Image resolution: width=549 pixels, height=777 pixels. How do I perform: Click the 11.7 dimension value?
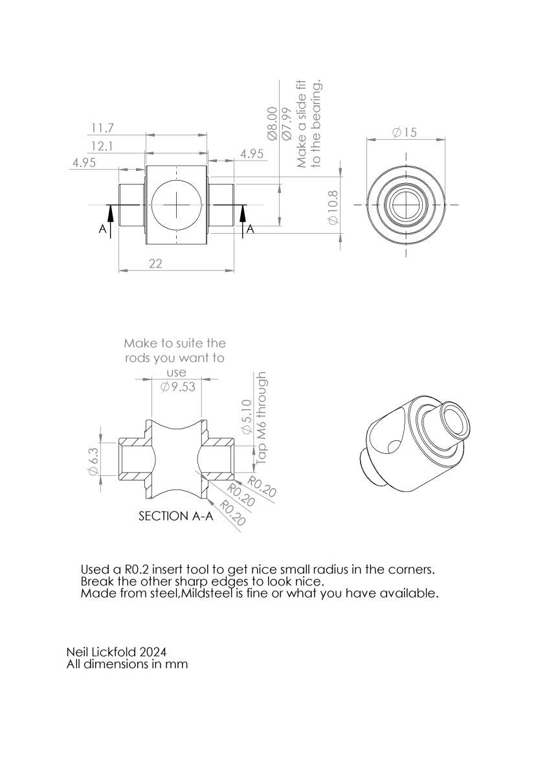pos(102,128)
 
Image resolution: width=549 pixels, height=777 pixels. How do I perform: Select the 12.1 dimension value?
pos(102,146)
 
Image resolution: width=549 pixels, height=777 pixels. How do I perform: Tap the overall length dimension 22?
pos(156,264)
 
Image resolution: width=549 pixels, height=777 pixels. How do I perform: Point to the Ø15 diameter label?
pos(405,132)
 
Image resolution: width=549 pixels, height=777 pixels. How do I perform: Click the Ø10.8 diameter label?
pos(333,207)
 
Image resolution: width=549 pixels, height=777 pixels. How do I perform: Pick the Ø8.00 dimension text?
pos(273,124)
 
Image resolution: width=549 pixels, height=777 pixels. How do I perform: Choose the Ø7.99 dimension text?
pos(287,124)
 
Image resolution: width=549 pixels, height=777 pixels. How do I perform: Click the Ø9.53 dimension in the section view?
pos(178,387)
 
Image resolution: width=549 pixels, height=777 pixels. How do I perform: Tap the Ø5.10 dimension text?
pos(246,416)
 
